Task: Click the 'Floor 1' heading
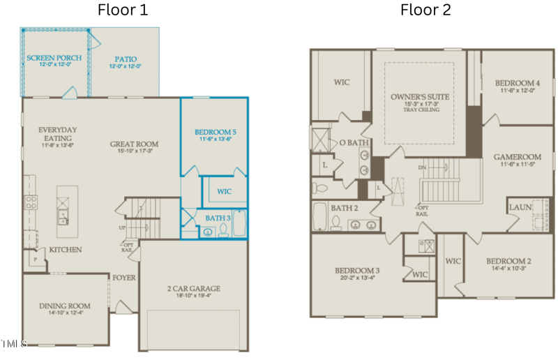(x=122, y=10)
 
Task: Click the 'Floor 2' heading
(x=425, y=10)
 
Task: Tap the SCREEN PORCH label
(x=54, y=57)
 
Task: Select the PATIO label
(x=125, y=59)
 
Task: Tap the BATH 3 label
(x=217, y=218)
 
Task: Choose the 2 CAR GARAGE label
(x=193, y=288)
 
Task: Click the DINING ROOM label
(x=65, y=306)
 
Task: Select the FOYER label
(x=124, y=278)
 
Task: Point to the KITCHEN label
(x=65, y=250)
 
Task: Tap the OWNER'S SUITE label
(x=420, y=96)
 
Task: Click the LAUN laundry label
(x=520, y=207)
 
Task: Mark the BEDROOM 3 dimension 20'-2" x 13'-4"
(x=356, y=278)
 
